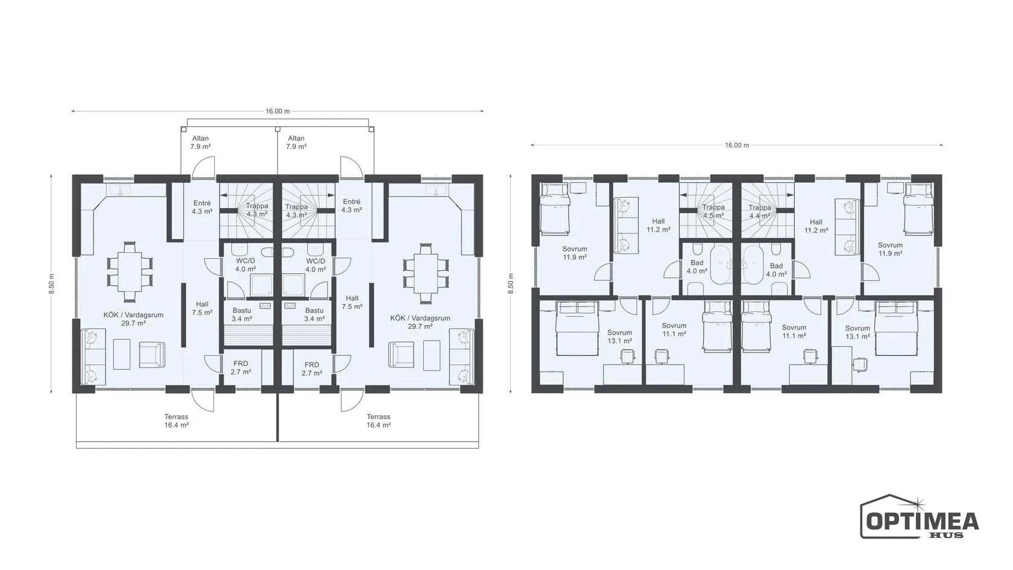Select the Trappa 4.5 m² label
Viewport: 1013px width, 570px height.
[x=714, y=211]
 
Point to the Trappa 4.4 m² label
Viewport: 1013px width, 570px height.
[x=760, y=212]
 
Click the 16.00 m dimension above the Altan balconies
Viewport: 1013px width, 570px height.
[x=277, y=111]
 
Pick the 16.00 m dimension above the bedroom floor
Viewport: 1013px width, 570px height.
[x=737, y=145]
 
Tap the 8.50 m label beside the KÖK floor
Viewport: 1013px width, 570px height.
[x=52, y=283]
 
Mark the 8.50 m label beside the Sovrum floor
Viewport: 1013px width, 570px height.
[x=511, y=283]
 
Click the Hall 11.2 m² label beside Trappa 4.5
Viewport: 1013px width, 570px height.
[x=658, y=226]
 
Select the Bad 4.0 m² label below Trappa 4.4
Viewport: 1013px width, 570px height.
[x=777, y=270]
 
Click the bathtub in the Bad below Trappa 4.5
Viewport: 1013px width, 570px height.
[x=722, y=265]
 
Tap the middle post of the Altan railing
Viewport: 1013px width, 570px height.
[x=277, y=129]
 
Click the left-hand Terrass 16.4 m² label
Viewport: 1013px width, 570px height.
[x=176, y=421]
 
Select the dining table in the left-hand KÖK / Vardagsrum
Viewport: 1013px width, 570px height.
[x=130, y=271]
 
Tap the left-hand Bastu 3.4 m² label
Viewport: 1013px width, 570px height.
[x=242, y=314]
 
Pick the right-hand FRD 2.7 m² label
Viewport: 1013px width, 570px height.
[x=312, y=369]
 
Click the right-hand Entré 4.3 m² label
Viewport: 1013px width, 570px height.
[x=352, y=206]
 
